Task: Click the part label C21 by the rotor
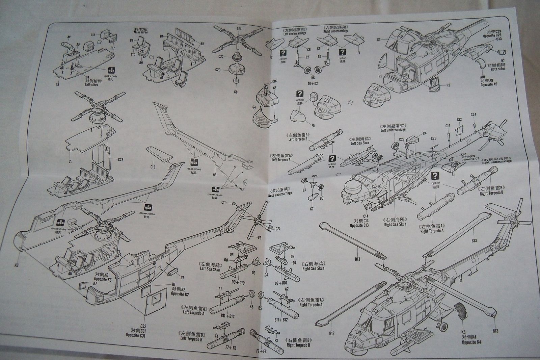pyautogui.click(x=239, y=29)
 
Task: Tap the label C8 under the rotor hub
pyautogui.click(x=236, y=92)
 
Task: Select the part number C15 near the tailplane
pyautogui.click(x=153, y=166)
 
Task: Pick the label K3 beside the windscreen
pyautogui.click(x=379, y=40)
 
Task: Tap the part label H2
pyautogui.click(x=448, y=85)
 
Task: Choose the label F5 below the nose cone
pyautogui.click(x=313, y=126)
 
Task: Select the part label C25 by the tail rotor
pyautogui.click(x=278, y=229)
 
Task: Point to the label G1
pyautogui.click(x=182, y=278)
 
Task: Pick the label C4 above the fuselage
pyautogui.click(x=424, y=133)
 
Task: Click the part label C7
pyautogui.click(x=312, y=209)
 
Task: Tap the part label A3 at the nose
pyautogui.click(x=16, y=264)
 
